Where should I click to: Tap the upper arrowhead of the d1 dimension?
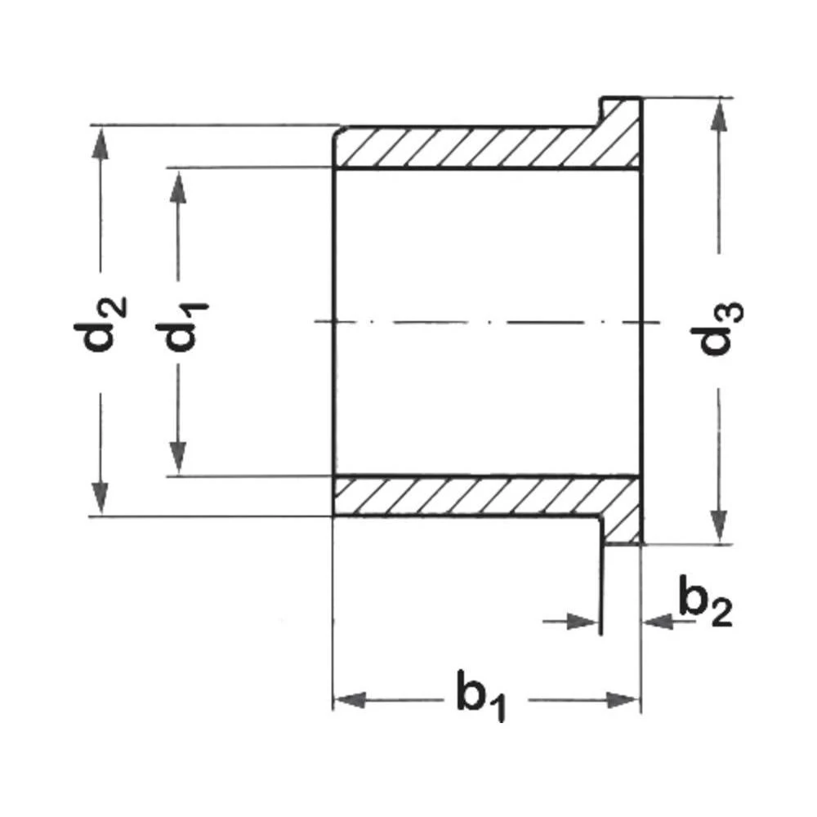point(178,186)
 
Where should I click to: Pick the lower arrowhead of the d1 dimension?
point(178,458)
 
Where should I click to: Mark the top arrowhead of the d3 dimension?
point(718,114)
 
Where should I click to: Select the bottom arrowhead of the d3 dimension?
point(718,528)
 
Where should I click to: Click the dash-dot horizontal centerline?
point(490,322)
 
